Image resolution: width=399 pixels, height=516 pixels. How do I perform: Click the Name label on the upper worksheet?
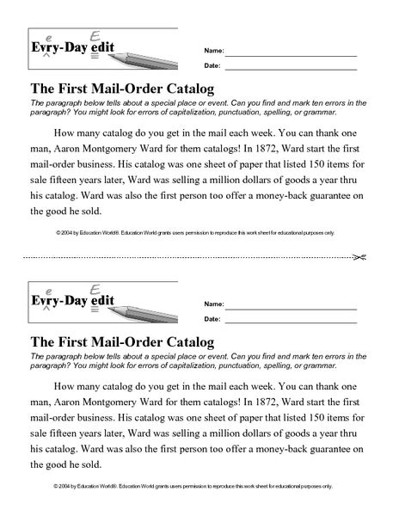pyautogui.click(x=212, y=49)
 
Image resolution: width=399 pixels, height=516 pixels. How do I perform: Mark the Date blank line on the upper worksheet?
pyautogui.click(x=290, y=66)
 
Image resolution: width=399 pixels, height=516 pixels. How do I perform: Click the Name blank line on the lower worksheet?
pyautogui.click(x=290, y=304)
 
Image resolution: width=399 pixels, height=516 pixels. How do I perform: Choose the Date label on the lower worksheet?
pyautogui.click(x=212, y=320)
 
